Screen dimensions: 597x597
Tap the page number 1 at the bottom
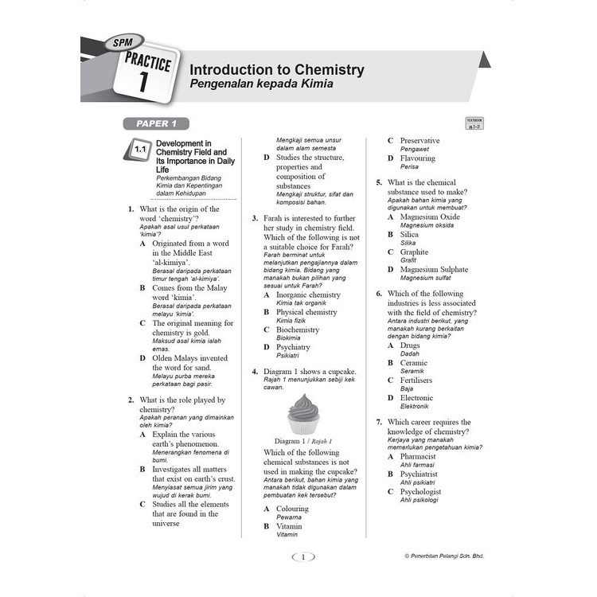pyautogui.click(x=302, y=557)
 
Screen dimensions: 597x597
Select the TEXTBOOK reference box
pyautogui.click(x=475, y=123)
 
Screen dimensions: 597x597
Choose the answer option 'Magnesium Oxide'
pyautogui.click(x=430, y=217)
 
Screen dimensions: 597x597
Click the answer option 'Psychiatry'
pyautogui.click(x=293, y=347)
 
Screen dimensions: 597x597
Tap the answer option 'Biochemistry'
pyautogui.click(x=298, y=330)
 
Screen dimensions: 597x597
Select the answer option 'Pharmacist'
pyautogui.click(x=418, y=457)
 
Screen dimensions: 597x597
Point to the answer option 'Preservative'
pyautogui.click(x=419, y=141)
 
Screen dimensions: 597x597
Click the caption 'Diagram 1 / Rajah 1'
pyautogui.click(x=302, y=440)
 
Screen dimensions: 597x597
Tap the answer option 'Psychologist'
pyautogui.click(x=420, y=492)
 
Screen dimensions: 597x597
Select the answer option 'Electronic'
pyautogui.click(x=417, y=398)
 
